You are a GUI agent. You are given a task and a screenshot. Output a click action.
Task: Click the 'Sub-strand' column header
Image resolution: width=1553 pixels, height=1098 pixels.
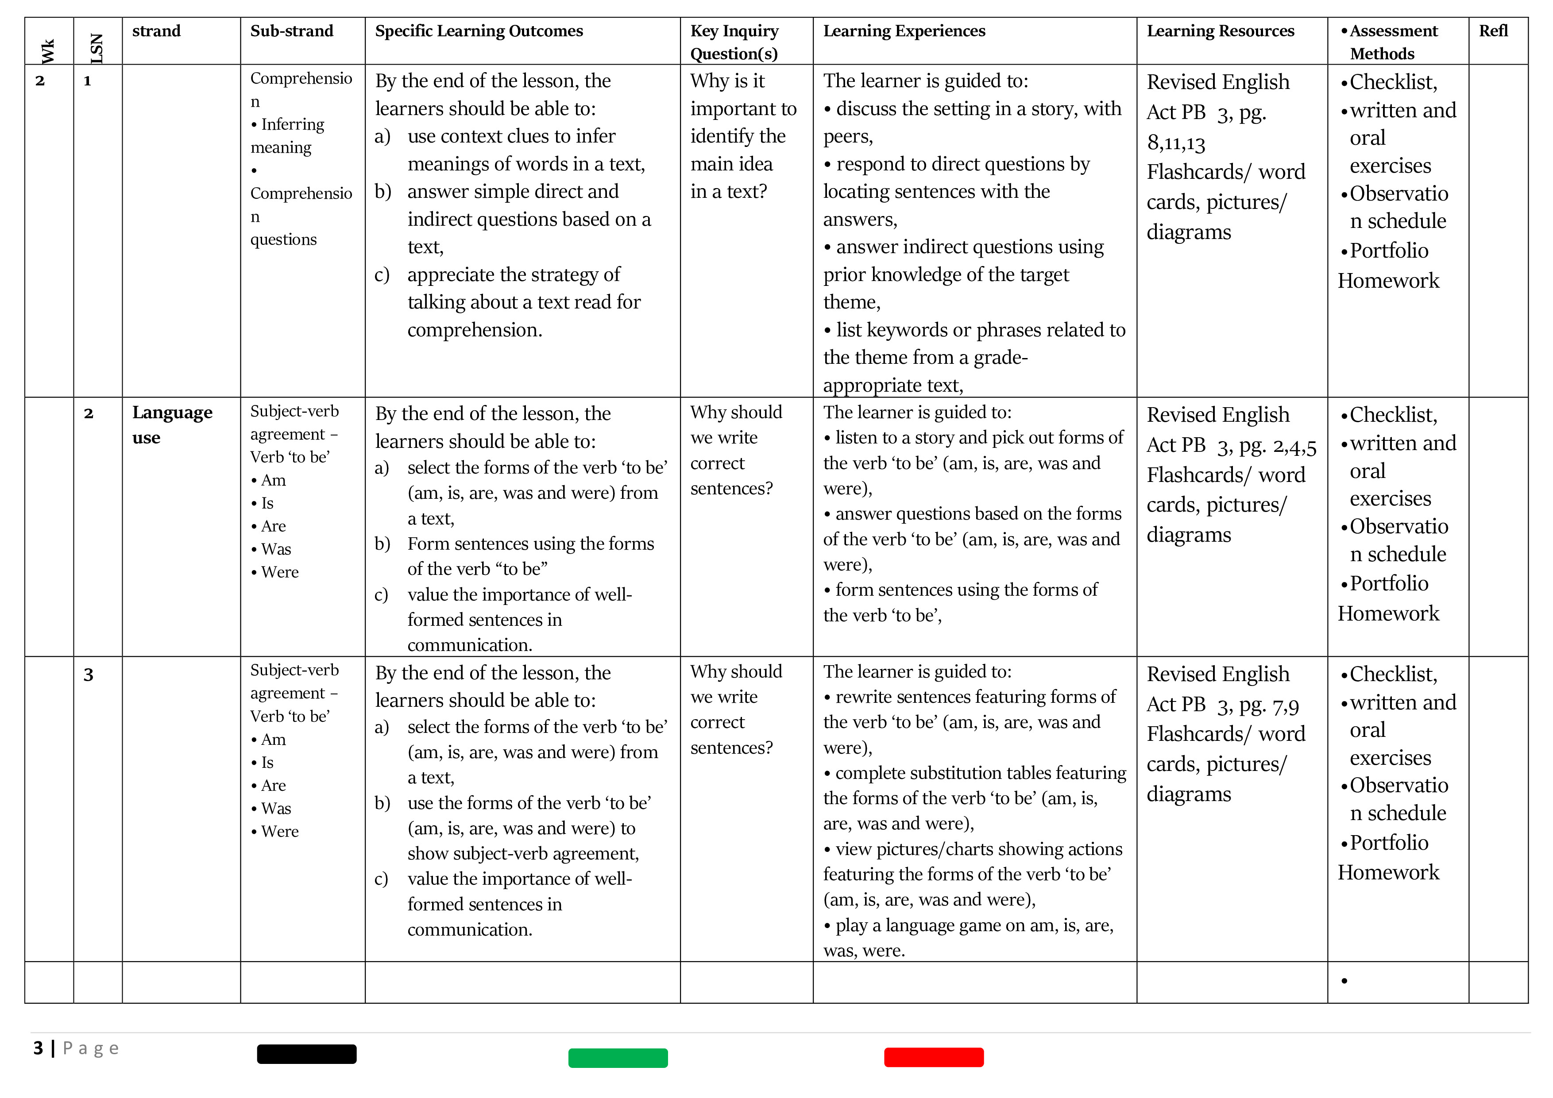292,31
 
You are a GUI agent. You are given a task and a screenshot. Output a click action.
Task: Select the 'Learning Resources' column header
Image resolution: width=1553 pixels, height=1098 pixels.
1220,31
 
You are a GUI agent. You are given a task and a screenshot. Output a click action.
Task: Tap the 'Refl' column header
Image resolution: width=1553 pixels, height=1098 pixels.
1493,31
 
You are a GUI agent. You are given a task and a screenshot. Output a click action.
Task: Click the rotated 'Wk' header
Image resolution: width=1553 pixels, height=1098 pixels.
48,51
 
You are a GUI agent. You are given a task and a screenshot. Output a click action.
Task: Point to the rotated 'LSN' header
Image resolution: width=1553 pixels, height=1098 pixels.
97,49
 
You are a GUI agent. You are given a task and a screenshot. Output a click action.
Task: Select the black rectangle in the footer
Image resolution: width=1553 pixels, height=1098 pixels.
306,1054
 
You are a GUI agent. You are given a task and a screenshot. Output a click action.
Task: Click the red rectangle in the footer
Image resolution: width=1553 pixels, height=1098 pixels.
933,1057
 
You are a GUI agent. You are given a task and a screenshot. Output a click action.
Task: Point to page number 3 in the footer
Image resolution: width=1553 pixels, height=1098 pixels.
39,1048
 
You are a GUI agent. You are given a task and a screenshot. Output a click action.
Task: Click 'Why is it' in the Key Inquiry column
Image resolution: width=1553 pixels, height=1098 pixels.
727,81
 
